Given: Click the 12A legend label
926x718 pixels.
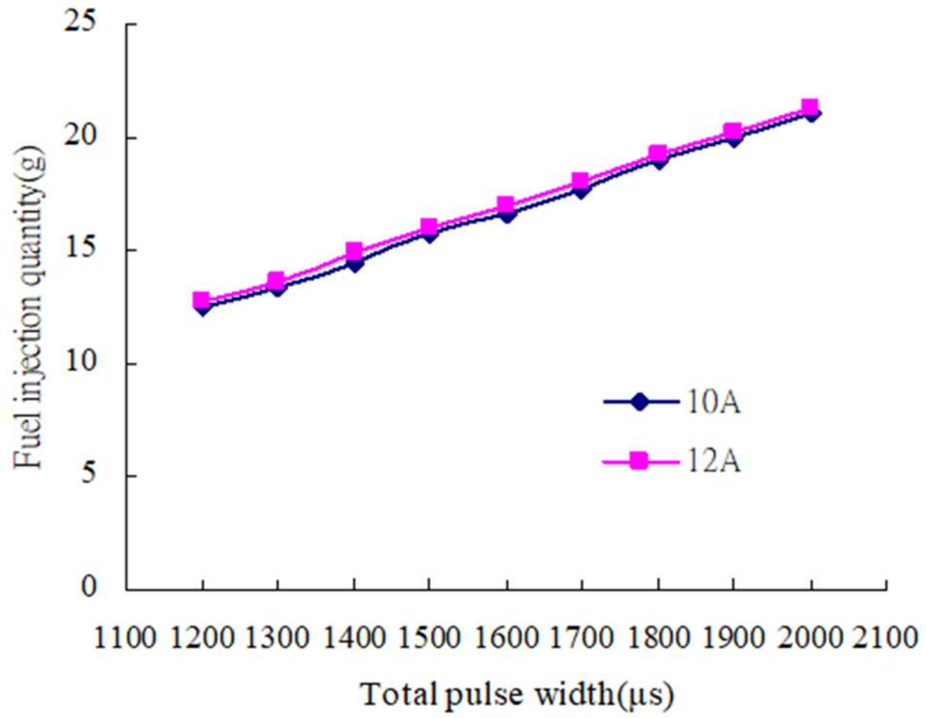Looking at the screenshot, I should tap(714, 461).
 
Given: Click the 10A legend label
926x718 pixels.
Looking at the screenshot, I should tap(714, 403).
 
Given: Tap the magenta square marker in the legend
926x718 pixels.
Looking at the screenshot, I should tap(638, 461).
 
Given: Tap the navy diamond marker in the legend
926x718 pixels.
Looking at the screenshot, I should tap(639, 402).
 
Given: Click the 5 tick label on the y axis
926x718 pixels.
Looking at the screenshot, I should tap(89, 475).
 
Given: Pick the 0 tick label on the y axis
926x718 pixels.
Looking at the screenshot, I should tap(89, 587).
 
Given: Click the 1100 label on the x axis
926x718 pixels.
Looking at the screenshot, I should tap(124, 638).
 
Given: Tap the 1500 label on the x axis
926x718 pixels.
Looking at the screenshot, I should tap(429, 638).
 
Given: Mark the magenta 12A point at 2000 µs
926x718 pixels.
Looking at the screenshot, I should tap(810, 107).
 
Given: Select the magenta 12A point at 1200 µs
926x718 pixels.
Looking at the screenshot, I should tap(201, 300).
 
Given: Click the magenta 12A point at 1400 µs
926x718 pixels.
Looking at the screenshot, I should tap(354, 251).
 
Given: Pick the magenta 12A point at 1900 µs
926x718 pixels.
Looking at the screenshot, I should tap(733, 131).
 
